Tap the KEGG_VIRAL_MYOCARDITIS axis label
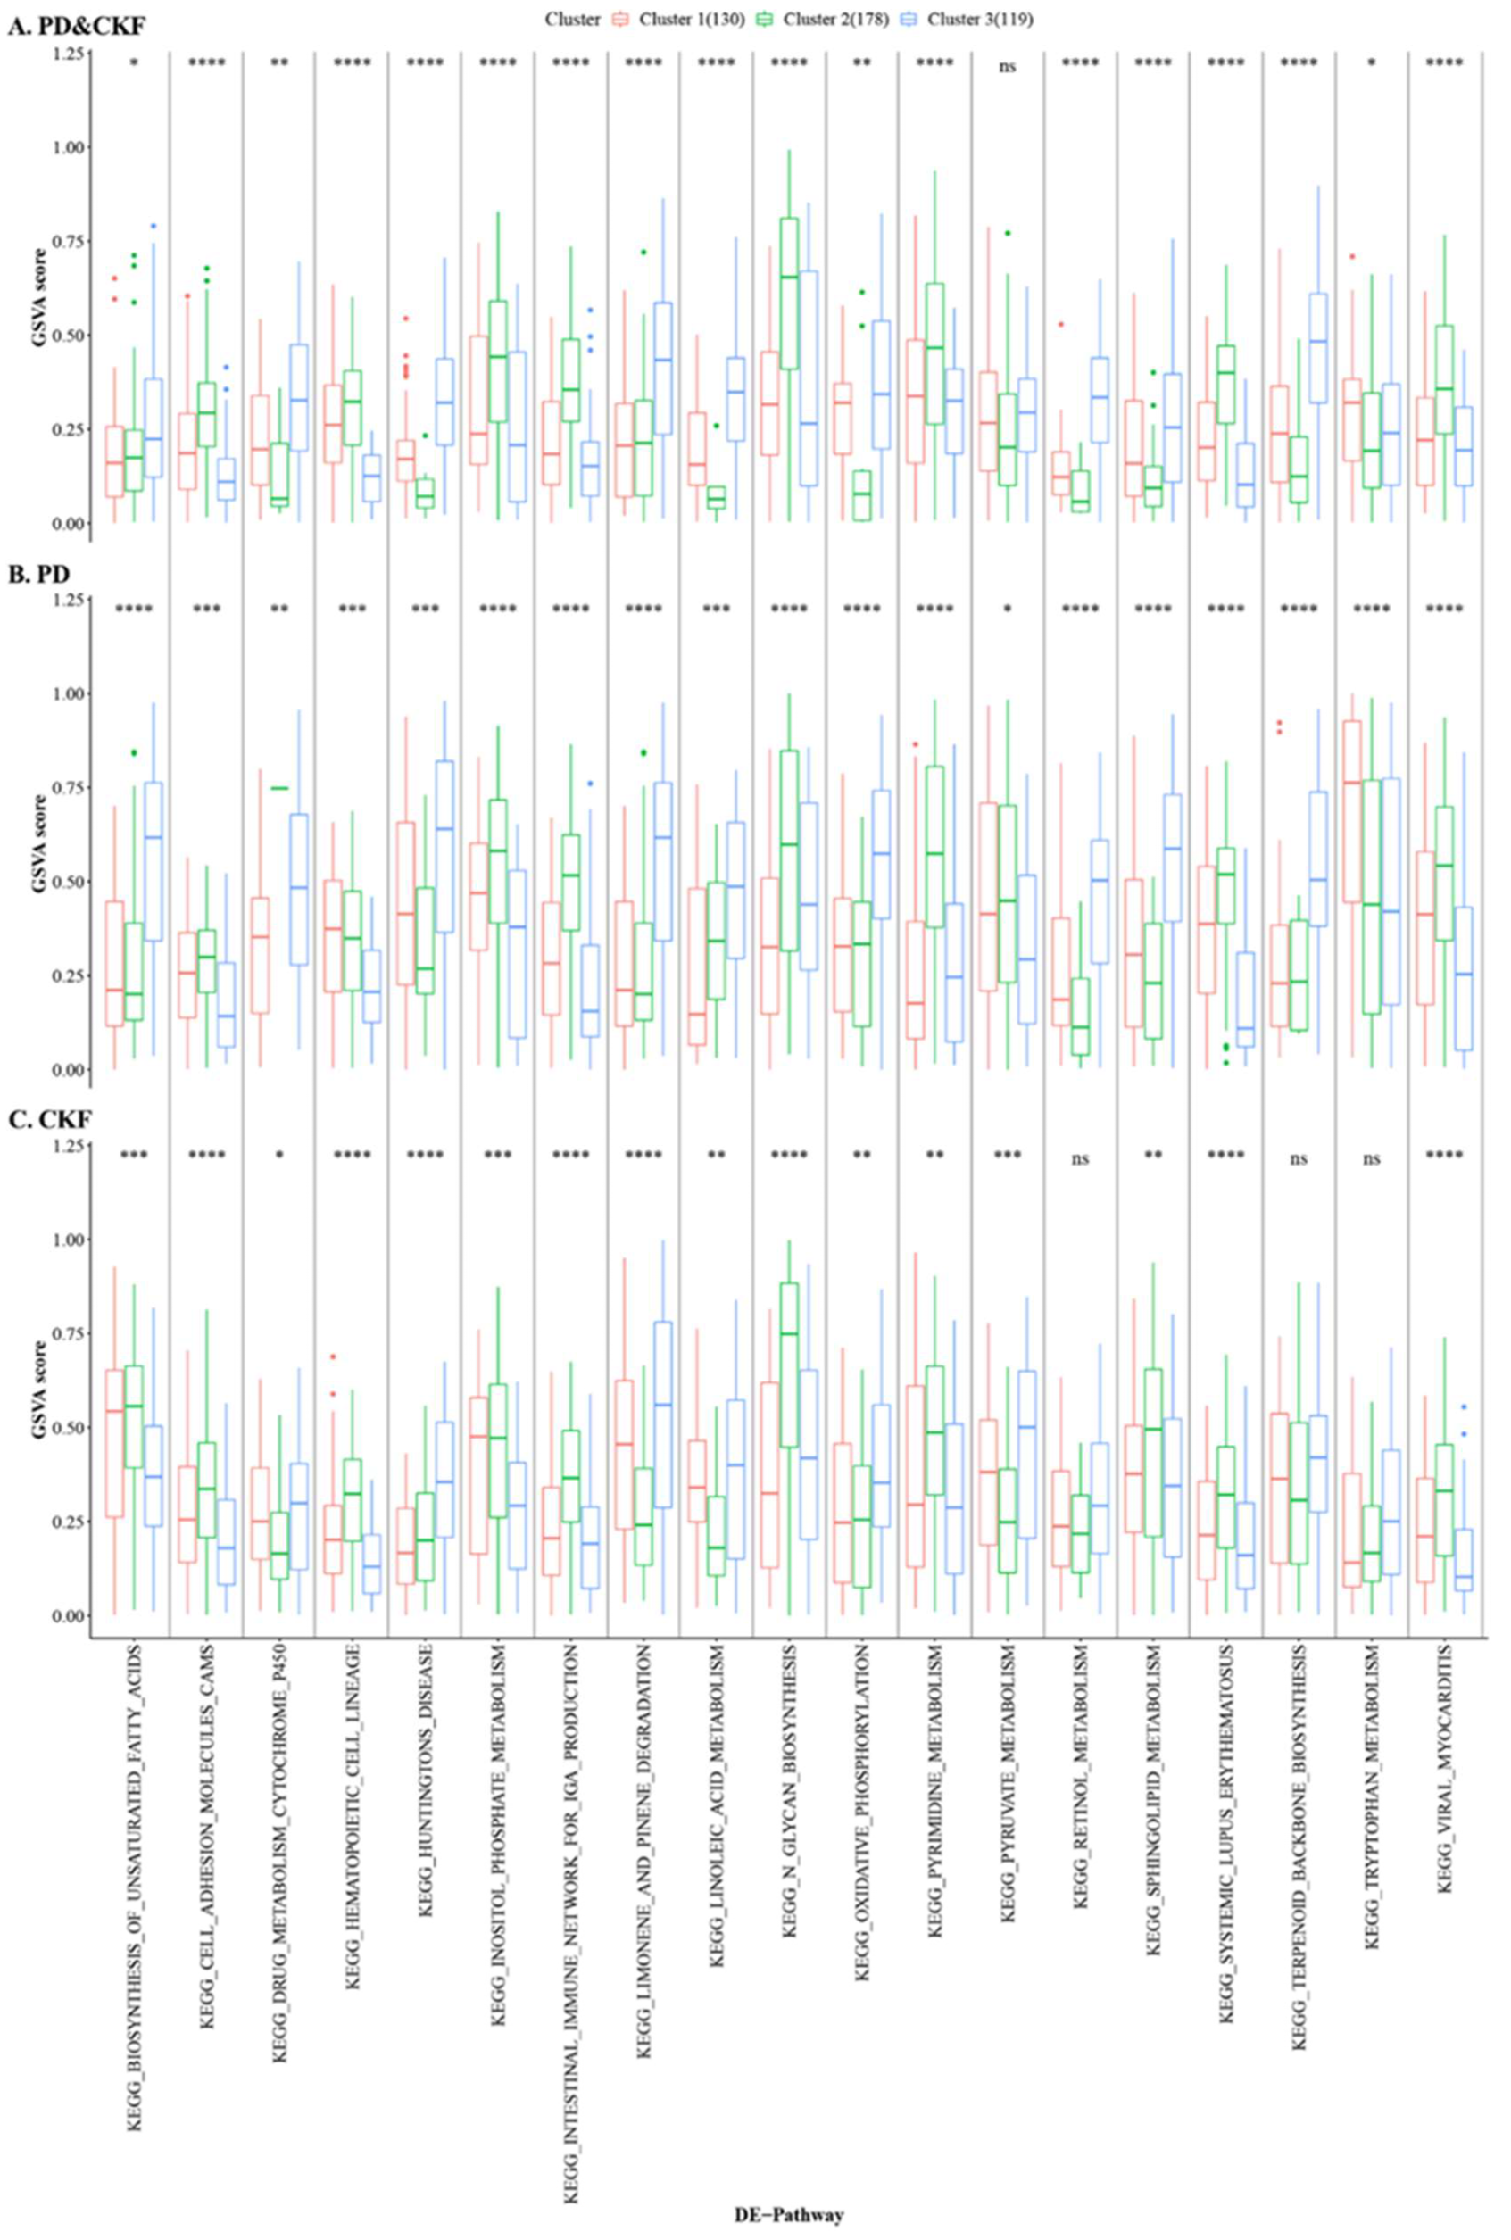pyautogui.click(x=1443, y=1813)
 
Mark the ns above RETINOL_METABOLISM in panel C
pyautogui.click(x=1080, y=1158)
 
